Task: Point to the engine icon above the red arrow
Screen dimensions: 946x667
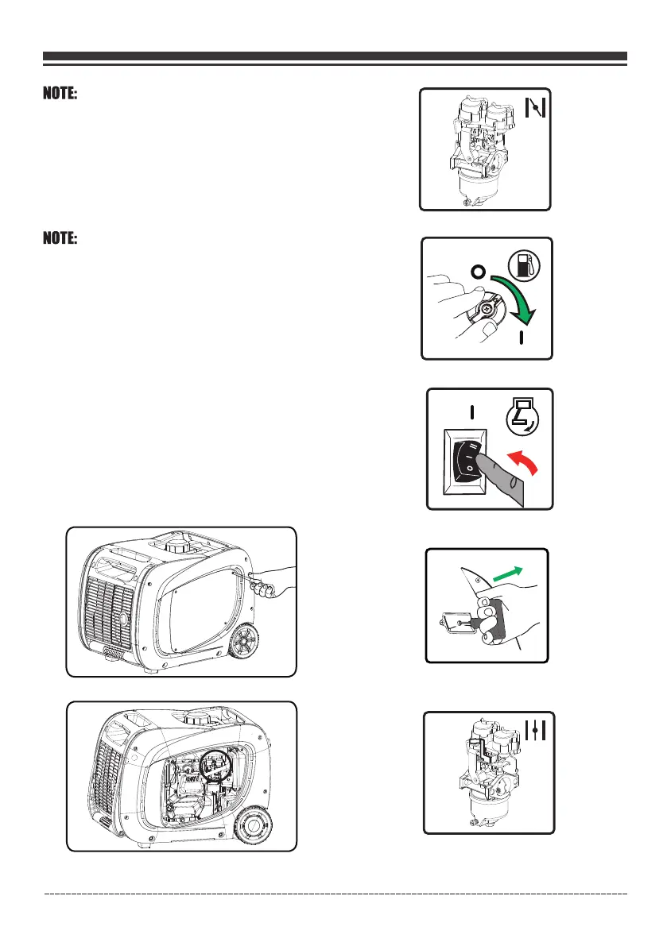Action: coord(525,419)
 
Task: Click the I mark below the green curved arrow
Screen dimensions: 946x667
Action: coord(521,339)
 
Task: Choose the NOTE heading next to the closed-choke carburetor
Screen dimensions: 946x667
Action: coord(60,95)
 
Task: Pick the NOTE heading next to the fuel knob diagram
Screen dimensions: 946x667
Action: coord(60,239)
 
